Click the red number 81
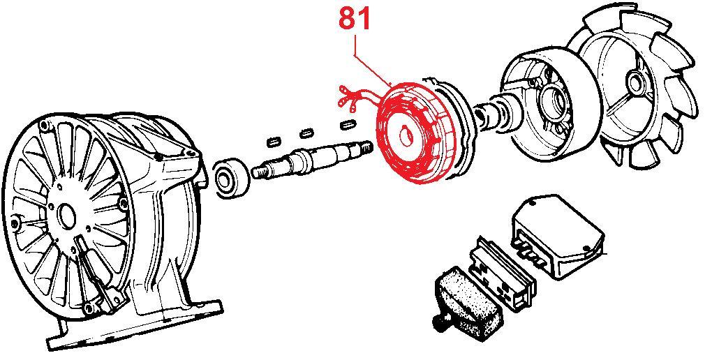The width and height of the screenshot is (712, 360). click(x=354, y=19)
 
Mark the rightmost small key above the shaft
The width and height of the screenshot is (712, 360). click(x=348, y=124)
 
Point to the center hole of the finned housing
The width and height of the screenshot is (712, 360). click(x=66, y=213)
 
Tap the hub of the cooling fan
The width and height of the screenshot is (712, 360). click(x=633, y=82)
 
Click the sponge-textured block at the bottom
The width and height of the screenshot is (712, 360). click(x=468, y=301)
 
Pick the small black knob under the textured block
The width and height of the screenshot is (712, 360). click(x=438, y=323)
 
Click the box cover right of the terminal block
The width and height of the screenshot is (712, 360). click(x=559, y=235)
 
